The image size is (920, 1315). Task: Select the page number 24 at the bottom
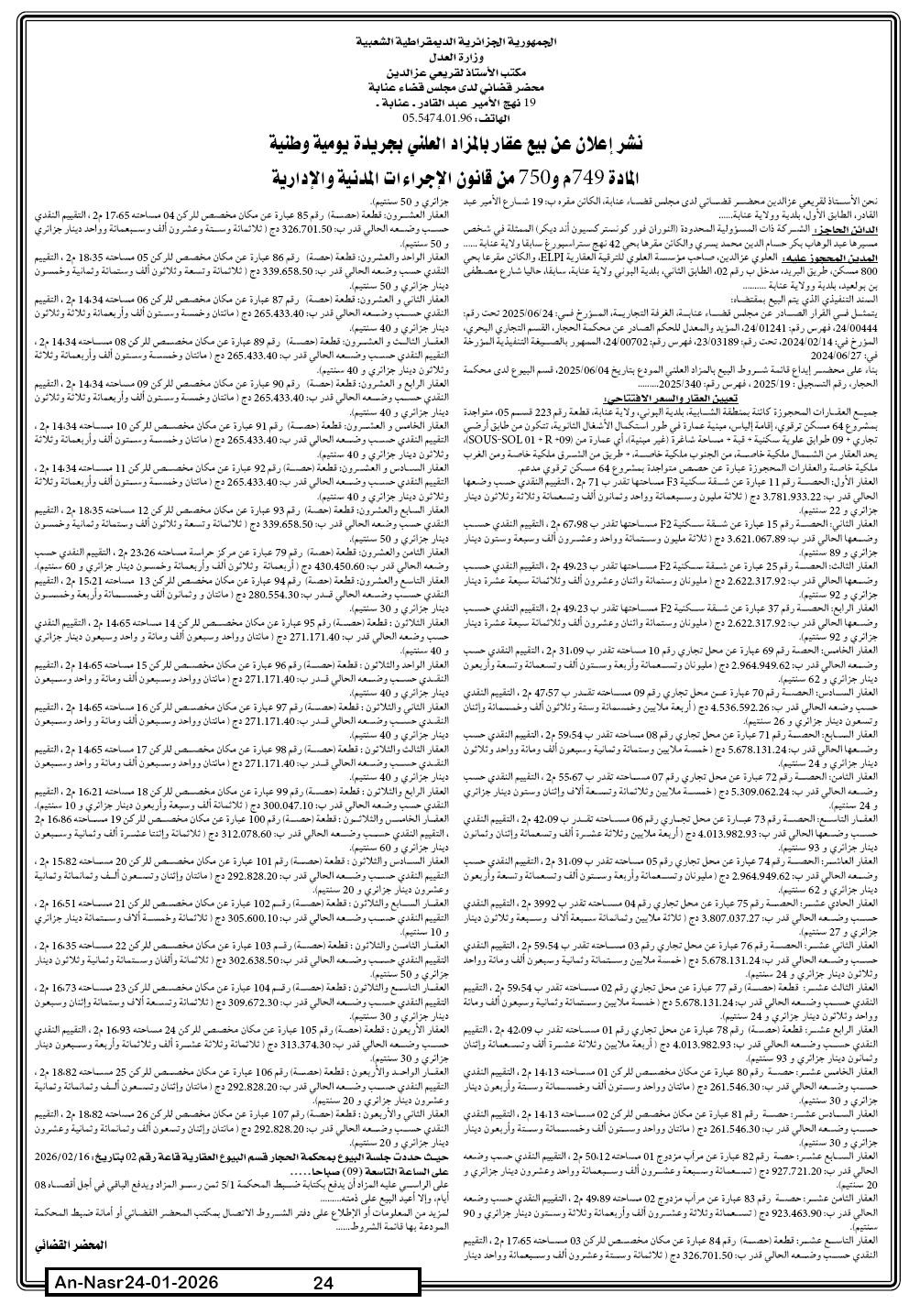(322, 1284)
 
